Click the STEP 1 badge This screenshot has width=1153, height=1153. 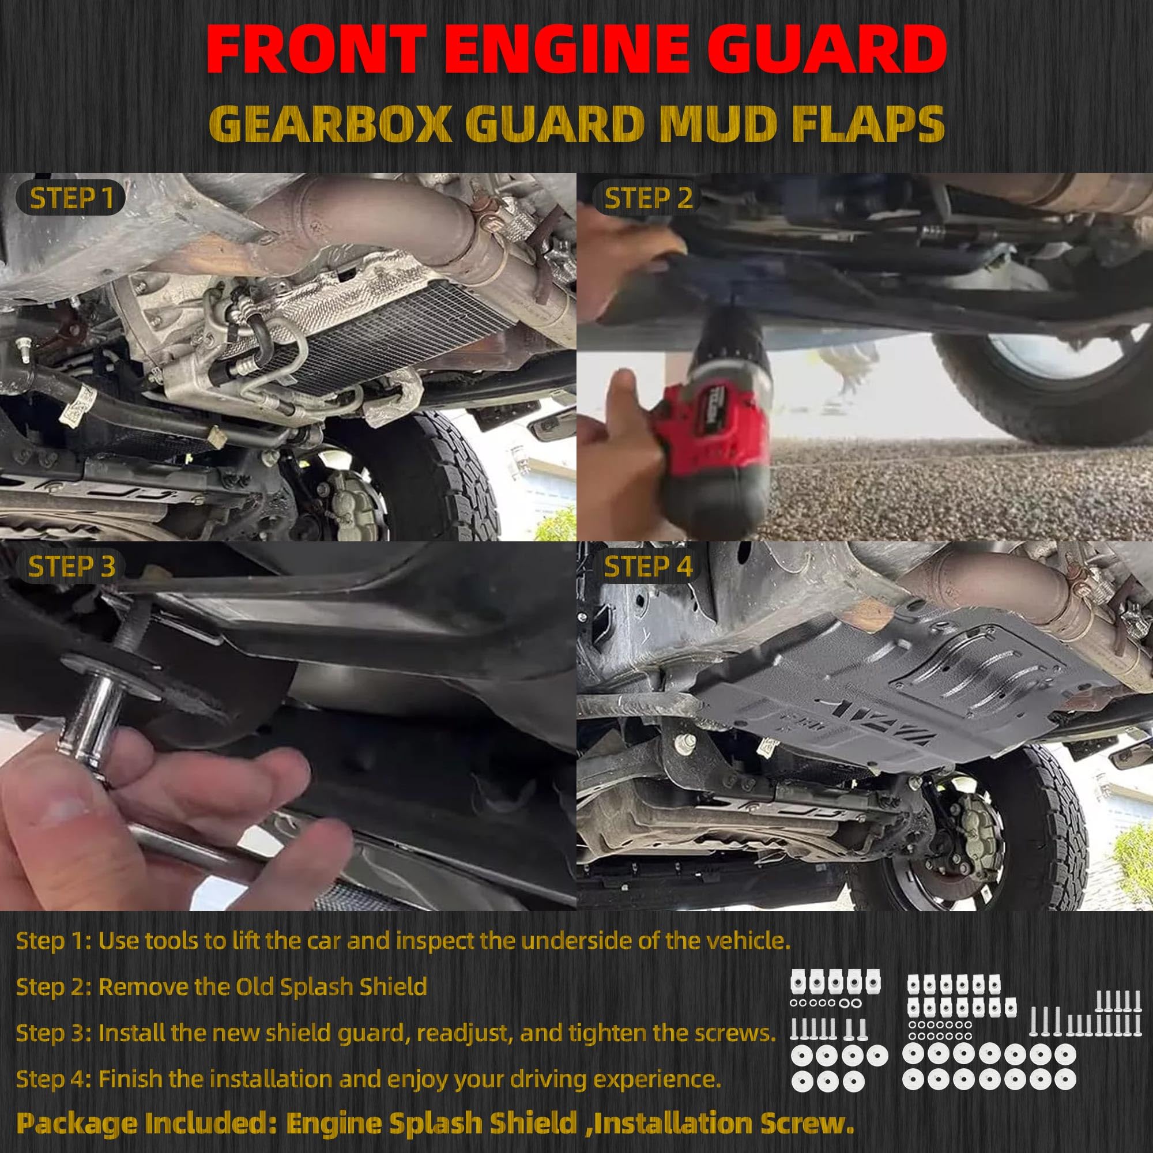pyautogui.click(x=70, y=198)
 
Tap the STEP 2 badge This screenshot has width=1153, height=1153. pyautogui.click(x=648, y=198)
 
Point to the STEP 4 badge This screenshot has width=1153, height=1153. pyautogui.click(x=648, y=566)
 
